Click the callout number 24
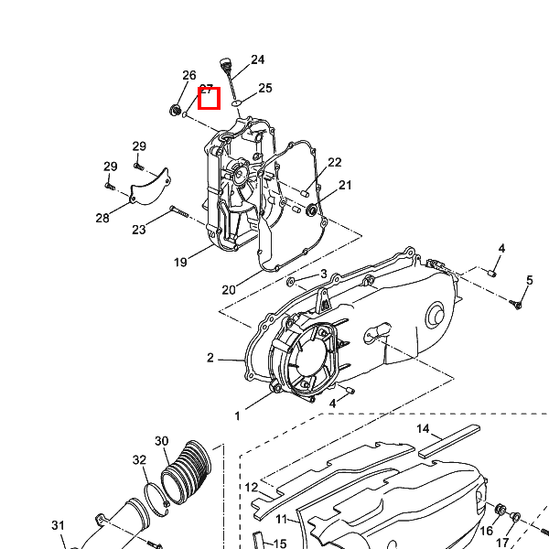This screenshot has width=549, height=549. click(257, 59)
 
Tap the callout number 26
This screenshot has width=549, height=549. click(189, 75)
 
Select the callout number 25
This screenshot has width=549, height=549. click(265, 88)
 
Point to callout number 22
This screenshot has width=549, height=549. click(334, 162)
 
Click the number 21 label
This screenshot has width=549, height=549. click(345, 185)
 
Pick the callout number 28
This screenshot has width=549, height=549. click(102, 218)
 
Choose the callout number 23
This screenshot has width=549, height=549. click(139, 230)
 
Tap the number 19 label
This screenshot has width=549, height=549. click(180, 262)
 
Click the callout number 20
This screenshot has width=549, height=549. click(229, 290)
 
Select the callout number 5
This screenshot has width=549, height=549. click(530, 280)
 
